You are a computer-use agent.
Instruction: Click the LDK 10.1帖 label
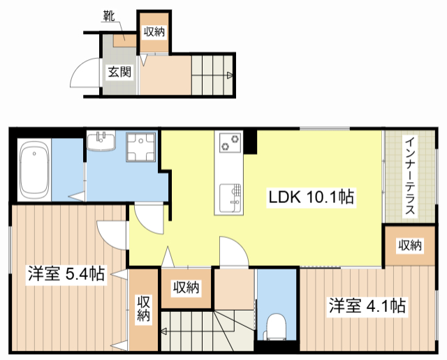pyautogui.click(x=312, y=197)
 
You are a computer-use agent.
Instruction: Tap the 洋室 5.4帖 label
pyautogui.click(x=66, y=274)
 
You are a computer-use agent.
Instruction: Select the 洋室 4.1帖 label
pyautogui.click(x=367, y=306)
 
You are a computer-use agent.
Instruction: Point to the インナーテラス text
pyautogui.click(x=410, y=176)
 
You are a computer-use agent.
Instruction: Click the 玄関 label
pyautogui.click(x=119, y=72)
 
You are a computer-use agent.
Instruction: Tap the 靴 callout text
pyautogui.click(x=109, y=16)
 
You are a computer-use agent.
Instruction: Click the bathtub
pyautogui.click(x=34, y=170)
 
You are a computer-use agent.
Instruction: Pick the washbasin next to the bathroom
pyautogui.click(x=101, y=141)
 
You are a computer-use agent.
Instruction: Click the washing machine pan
pyautogui.click(x=141, y=147)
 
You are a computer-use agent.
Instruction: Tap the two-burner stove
pyautogui.click(x=230, y=143)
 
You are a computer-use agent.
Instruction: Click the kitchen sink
pyautogui.click(x=230, y=199)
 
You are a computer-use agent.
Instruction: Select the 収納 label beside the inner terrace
pyautogui.click(x=410, y=246)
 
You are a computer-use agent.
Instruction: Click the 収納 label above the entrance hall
pyautogui.click(x=154, y=31)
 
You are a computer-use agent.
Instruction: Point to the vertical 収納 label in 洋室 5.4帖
pyautogui.click(x=143, y=308)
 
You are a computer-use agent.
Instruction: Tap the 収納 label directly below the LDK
pyautogui.click(x=186, y=287)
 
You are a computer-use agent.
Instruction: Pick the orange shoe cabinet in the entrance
pyautogui.click(x=125, y=40)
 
